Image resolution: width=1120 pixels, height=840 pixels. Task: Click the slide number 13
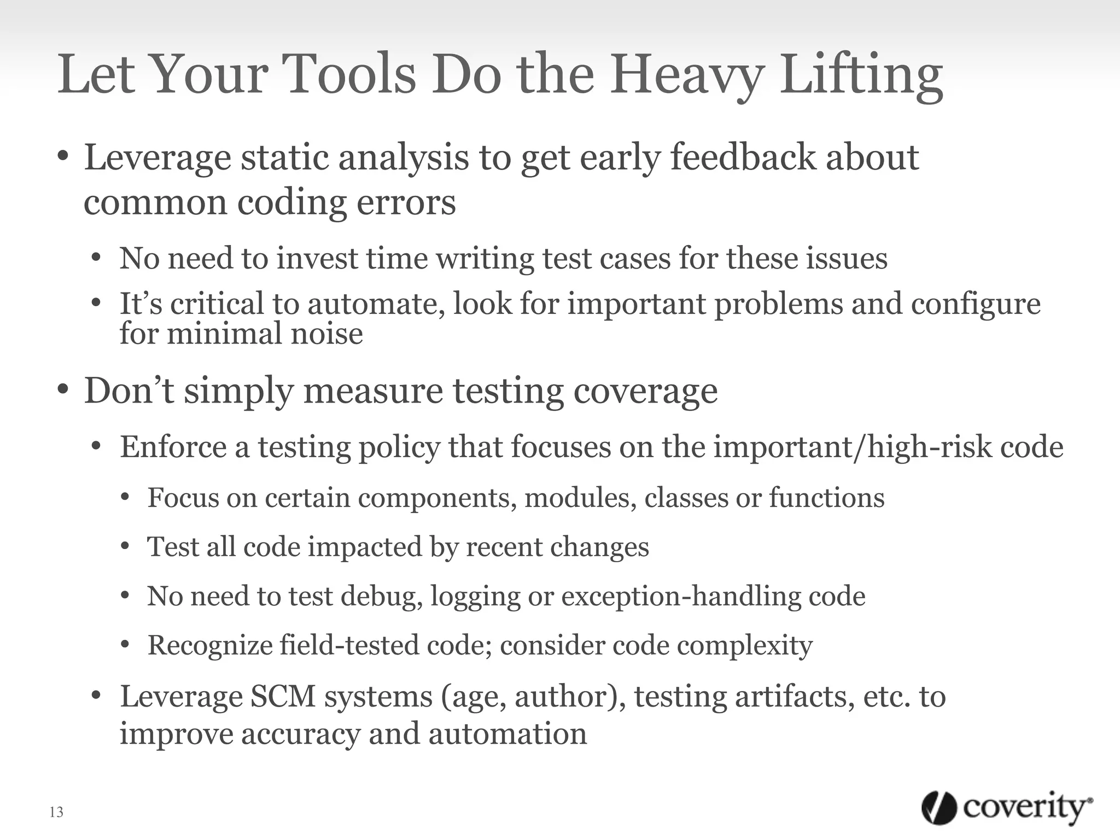(56, 812)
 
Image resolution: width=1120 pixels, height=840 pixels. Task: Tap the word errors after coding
(406, 202)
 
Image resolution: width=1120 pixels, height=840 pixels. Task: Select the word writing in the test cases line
(484, 258)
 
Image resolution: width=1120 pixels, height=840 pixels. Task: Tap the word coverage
(645, 392)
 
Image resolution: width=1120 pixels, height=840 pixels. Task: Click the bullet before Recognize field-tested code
(125, 645)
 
